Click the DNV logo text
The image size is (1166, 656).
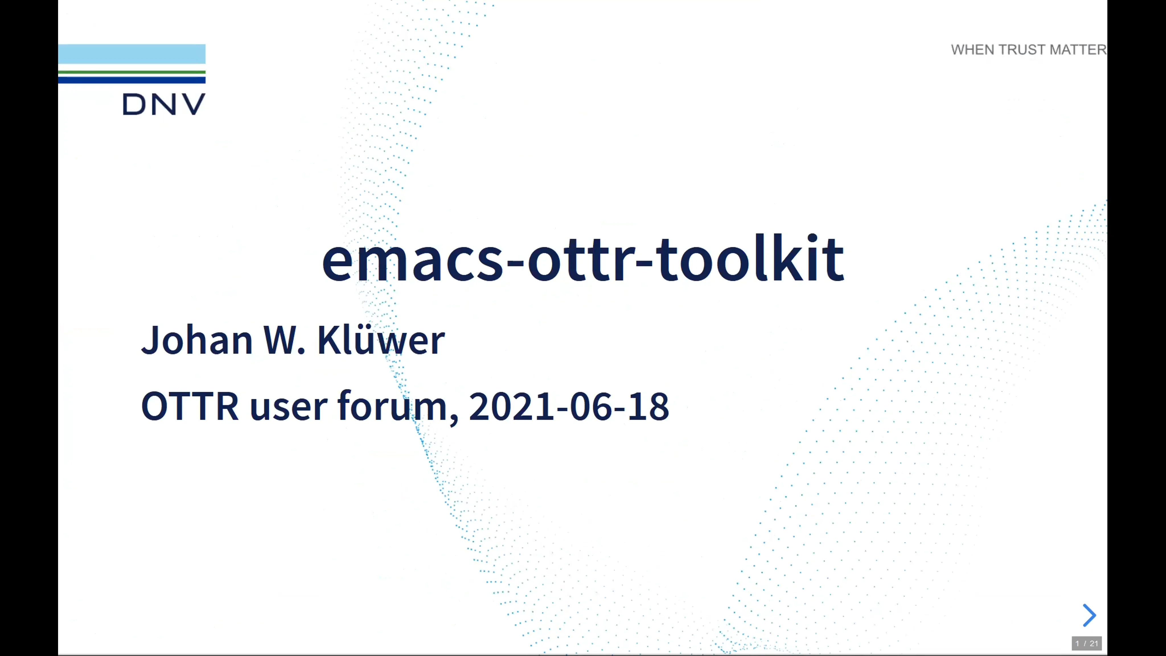click(164, 104)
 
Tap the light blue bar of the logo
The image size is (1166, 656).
click(132, 54)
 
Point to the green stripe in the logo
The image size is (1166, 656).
click(132, 72)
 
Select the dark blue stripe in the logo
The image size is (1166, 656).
click(132, 80)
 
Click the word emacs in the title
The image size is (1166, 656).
click(412, 260)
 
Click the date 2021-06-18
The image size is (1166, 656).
click(568, 406)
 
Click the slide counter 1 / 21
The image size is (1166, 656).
click(1086, 643)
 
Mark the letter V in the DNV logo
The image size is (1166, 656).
click(194, 104)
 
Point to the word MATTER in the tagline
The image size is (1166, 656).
click(1078, 50)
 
